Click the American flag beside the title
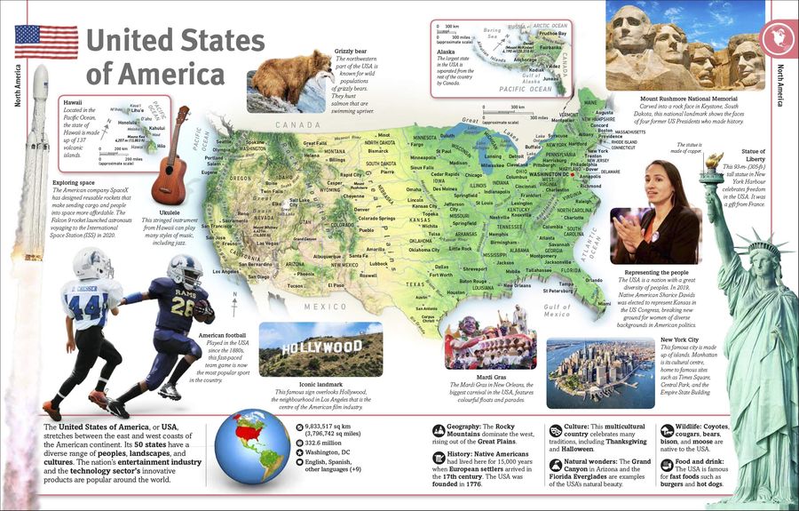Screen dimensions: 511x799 [x=46, y=42]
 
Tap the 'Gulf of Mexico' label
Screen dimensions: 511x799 [x=557, y=310]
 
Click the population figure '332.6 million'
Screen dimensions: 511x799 [x=325, y=440]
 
